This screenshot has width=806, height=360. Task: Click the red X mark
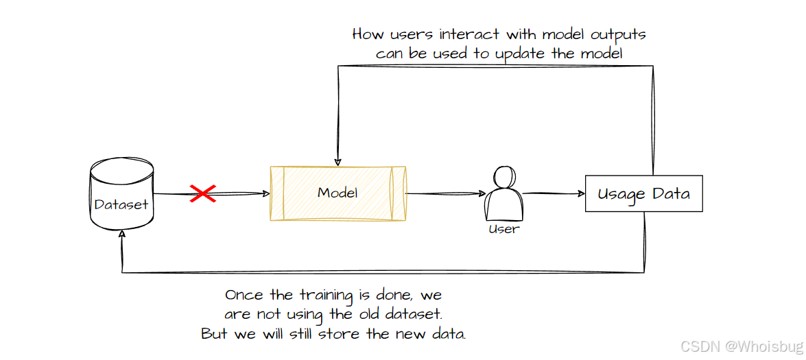pos(203,193)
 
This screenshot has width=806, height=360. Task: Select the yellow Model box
pos(337,193)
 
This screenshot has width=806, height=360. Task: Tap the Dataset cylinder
pos(121,195)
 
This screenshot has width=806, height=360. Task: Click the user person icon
pos(503,193)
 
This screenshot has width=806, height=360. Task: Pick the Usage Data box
pos(643,193)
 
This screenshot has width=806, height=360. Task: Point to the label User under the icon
pos(503,229)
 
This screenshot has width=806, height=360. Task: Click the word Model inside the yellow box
pos(337,193)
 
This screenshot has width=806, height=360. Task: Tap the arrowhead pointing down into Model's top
pos(337,162)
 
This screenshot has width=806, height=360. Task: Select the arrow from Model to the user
pos(446,193)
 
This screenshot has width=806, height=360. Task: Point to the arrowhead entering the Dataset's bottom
pos(122,235)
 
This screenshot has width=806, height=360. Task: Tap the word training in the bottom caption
pos(325,296)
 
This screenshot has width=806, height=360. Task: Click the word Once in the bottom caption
pos(244,296)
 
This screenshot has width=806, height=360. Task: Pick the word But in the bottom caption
pos(214,335)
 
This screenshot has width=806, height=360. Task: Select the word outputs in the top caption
pos(610,34)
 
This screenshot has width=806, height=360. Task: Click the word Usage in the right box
pos(621,194)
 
